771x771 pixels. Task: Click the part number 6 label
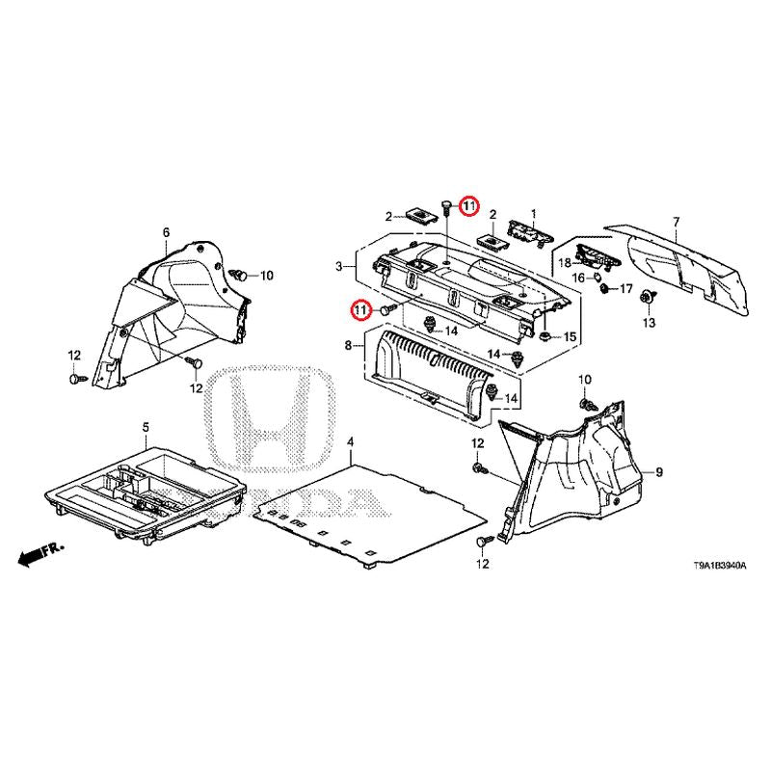(x=166, y=232)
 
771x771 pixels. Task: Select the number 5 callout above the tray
(x=146, y=427)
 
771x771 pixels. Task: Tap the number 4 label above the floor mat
(x=350, y=442)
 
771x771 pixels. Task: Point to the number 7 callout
(x=677, y=222)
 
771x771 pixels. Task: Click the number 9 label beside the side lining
(x=659, y=472)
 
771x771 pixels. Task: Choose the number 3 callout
(x=339, y=267)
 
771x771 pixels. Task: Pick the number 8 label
(x=348, y=346)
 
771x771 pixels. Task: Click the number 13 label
(x=649, y=323)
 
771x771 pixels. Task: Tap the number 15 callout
(x=570, y=336)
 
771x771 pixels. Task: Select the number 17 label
(x=625, y=288)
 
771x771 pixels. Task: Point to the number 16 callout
(x=578, y=279)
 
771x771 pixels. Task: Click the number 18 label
(x=565, y=263)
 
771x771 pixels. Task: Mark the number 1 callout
(x=534, y=214)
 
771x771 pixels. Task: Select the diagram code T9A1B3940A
(x=719, y=566)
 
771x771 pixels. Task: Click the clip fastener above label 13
(x=648, y=298)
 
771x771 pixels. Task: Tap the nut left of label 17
(x=605, y=288)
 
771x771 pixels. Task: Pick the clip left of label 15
(x=545, y=336)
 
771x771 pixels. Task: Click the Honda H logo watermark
(x=272, y=419)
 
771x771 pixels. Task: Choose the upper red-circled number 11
(x=468, y=206)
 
